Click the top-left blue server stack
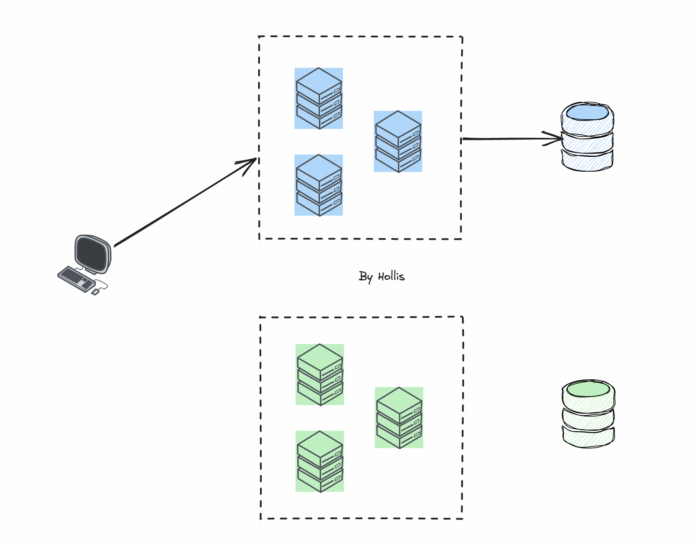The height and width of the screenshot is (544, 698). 319,98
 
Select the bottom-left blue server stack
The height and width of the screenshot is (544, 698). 319,185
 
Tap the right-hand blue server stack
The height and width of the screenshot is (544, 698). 398,141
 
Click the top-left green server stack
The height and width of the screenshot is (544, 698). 320,374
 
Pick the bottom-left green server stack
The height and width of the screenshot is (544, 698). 320,461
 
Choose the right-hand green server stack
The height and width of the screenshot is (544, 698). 399,417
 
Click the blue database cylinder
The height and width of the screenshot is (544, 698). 587,137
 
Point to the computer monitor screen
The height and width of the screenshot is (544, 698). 93,254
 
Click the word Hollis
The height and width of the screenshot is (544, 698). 391,277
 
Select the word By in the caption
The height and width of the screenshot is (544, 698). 365,277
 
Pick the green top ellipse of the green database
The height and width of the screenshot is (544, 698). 588,389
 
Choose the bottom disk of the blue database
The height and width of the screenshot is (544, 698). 587,161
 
